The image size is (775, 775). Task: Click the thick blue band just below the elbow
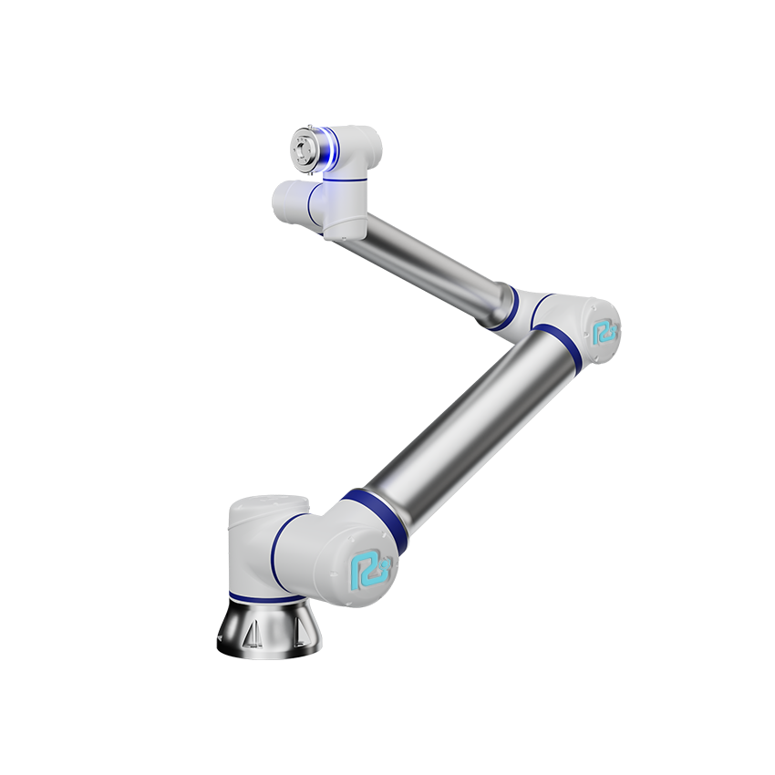[x=556, y=344]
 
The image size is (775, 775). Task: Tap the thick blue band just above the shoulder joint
[x=374, y=519]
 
